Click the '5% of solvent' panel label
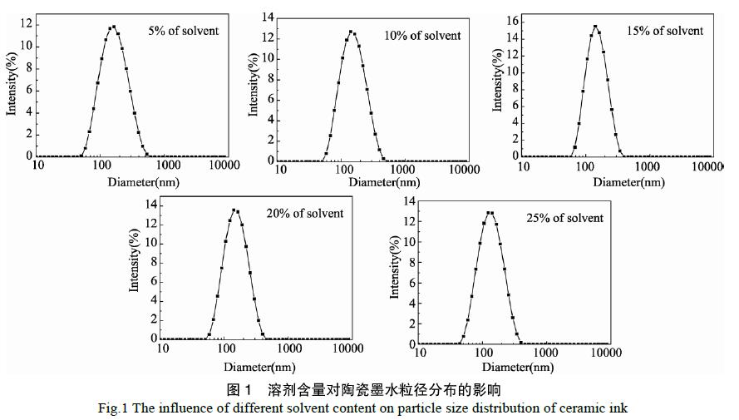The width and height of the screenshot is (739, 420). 183,31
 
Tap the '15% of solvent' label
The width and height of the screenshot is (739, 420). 665,31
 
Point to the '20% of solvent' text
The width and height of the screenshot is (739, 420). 306,213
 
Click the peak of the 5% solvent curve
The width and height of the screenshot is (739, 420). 113,26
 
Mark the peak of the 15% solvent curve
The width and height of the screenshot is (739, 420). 595,26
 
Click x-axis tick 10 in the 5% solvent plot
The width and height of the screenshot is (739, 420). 38,165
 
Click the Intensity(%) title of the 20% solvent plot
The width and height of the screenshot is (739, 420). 134,262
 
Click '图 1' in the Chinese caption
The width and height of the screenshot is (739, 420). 239,389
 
